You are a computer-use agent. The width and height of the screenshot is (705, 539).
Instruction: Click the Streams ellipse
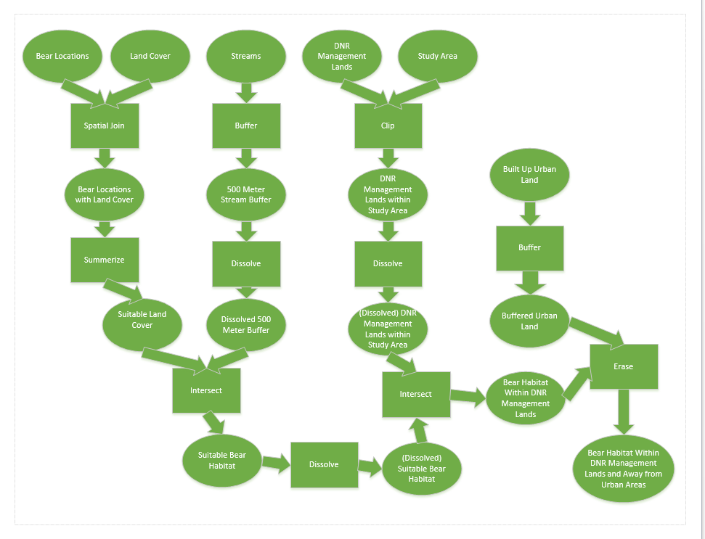pos(245,56)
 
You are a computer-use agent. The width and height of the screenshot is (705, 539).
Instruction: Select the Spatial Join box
pos(104,126)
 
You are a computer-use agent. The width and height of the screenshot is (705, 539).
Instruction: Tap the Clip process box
pos(388,126)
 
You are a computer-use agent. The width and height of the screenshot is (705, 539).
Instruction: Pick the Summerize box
pos(104,259)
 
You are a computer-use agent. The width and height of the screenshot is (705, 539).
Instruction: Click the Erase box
pos(623,366)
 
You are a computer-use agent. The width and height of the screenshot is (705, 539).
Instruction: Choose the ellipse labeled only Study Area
pos(437,56)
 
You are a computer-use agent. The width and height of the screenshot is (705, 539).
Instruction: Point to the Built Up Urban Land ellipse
pos(529,175)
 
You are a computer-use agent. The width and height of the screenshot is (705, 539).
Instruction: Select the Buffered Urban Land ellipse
pos(529,321)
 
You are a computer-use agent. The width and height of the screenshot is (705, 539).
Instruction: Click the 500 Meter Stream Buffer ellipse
pos(245,194)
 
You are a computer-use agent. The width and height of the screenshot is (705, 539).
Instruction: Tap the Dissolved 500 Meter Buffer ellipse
pos(245,324)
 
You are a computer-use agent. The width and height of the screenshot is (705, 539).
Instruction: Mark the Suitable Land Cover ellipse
pos(142,320)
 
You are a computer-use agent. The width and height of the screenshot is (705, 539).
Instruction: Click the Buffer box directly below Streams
pos(245,126)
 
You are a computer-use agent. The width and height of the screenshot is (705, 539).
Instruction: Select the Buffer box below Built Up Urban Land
pos(529,247)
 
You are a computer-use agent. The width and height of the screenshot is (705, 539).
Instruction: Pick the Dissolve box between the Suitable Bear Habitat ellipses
pos(324,464)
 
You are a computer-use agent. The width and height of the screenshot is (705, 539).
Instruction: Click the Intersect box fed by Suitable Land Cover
pos(206,390)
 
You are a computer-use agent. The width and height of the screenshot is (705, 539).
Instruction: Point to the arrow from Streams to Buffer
pos(245,91)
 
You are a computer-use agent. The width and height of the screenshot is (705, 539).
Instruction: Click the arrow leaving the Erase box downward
pos(623,411)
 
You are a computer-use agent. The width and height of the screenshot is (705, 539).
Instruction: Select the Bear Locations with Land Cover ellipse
pos(104,194)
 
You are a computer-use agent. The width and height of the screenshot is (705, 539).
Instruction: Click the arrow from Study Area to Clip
pos(414,91)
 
